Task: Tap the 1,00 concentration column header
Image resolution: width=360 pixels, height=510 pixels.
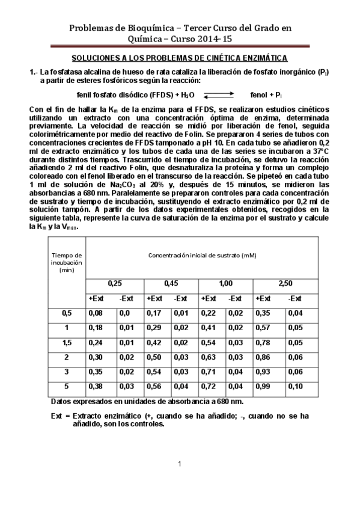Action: [225, 282]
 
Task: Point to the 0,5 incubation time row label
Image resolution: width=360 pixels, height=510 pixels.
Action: [66, 313]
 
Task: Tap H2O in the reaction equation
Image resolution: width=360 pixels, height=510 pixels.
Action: [188, 95]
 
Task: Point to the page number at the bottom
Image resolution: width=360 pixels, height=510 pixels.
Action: [180, 463]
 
